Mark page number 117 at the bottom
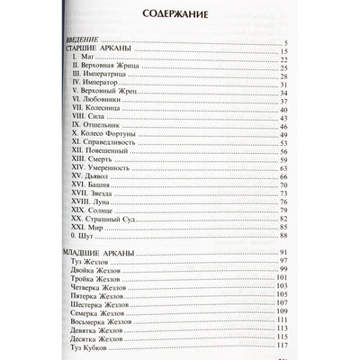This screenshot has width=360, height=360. click(x=280, y=343)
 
